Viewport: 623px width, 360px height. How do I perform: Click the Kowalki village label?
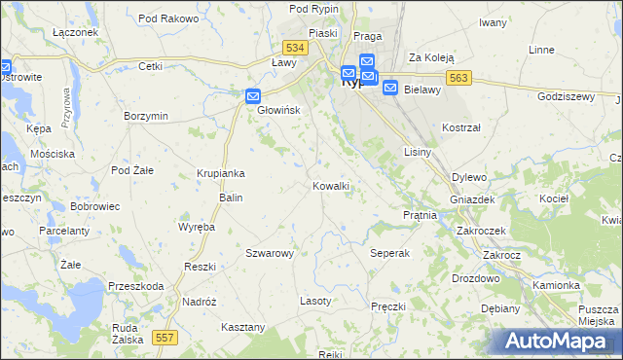click(331, 186)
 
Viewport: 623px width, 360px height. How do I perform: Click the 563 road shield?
click(460, 78)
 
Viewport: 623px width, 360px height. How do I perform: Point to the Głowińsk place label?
click(279, 110)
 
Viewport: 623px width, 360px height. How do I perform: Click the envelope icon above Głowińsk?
click(252, 95)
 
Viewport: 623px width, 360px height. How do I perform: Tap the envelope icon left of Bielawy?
click(389, 88)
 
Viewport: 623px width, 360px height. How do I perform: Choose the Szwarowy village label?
click(270, 253)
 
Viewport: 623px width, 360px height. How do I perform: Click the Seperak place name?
click(390, 253)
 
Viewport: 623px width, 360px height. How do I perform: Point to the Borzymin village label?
click(147, 116)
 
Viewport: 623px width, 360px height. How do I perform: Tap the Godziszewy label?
click(565, 96)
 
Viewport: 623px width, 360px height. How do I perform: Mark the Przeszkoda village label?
click(136, 286)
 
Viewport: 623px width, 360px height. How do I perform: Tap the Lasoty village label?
click(315, 301)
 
